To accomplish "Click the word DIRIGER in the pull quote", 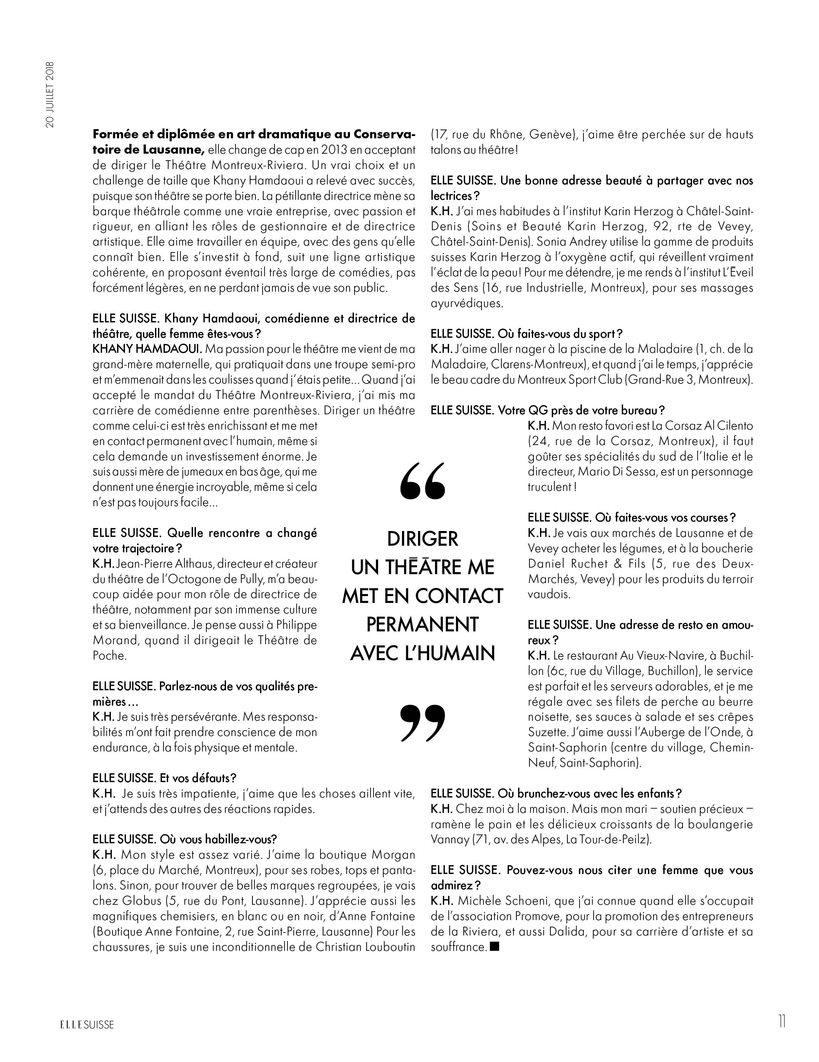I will [422, 539].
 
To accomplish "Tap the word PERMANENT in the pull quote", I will [422, 625].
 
